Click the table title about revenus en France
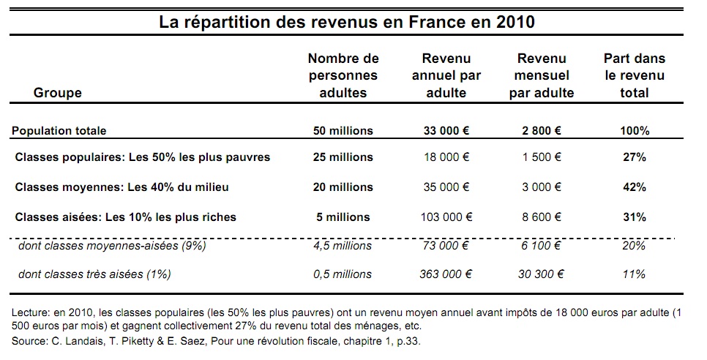tap(347, 22)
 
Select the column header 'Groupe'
tap(58, 93)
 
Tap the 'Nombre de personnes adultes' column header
tap(343, 75)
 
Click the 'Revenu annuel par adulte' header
tap(446, 75)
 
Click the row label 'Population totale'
tap(59, 131)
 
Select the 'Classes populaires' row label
tap(142, 157)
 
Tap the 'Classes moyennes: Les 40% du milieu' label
tap(121, 187)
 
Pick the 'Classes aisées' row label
tap(125, 217)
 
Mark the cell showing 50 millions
tap(343, 131)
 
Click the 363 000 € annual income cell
tap(446, 274)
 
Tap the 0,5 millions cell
tap(343, 274)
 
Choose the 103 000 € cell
tap(446, 217)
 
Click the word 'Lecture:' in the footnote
tap(34, 313)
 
